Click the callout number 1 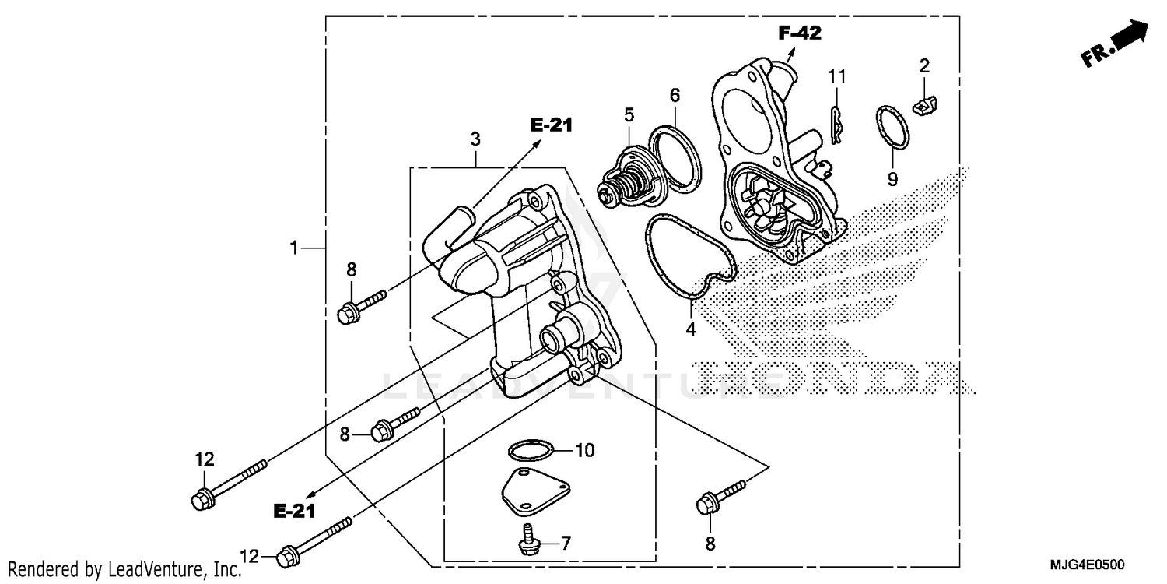coord(293,248)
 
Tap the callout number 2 coord(924,66)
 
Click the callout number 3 coord(475,139)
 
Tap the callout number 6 coord(675,95)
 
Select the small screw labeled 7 coord(527,537)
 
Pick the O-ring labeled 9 coord(890,128)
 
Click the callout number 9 coord(892,179)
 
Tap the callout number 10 coord(584,450)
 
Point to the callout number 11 coord(836,76)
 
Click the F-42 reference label coord(800,33)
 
